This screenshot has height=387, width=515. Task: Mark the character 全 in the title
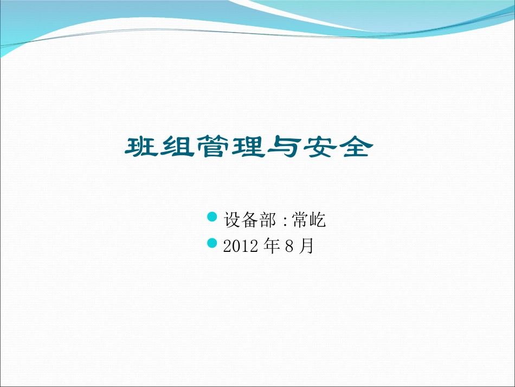pyautogui.click(x=353, y=147)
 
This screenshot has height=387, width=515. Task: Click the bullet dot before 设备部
pyautogui.click(x=213, y=218)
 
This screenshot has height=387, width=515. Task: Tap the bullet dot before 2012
pyautogui.click(x=213, y=243)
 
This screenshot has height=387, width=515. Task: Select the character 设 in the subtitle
pyautogui.click(x=231, y=220)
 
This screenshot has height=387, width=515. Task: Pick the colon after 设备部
pyautogui.click(x=285, y=221)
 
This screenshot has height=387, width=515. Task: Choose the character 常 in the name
pyautogui.click(x=300, y=220)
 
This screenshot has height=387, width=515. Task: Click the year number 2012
pyautogui.click(x=240, y=246)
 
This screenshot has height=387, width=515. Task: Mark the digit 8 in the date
pyautogui.click(x=288, y=246)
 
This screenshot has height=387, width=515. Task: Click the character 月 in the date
pyautogui.click(x=306, y=246)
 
